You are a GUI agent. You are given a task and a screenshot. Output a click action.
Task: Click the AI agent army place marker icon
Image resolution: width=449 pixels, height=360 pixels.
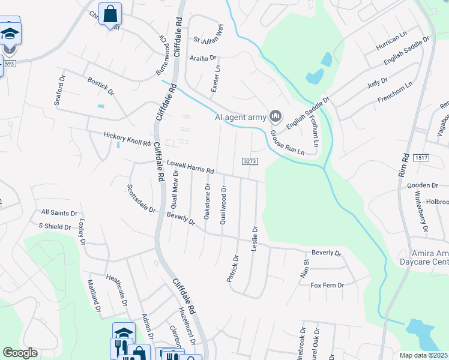pos(276,115)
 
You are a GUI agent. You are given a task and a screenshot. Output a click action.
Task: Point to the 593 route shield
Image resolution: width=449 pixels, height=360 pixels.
pos(8,62)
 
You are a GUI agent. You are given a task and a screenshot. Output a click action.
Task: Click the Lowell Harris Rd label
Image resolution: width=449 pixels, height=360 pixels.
pos(190,167)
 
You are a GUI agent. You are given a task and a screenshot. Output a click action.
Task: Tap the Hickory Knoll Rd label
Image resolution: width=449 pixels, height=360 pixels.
pos(127,139)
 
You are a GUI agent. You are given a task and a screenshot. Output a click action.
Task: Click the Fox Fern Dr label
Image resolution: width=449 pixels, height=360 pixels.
pos(327,285)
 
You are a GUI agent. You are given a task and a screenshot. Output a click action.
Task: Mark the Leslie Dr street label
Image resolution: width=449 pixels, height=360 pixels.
pos(255,238)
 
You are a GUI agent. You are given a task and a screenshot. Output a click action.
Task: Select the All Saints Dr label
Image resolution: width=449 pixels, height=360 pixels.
pos(59,213)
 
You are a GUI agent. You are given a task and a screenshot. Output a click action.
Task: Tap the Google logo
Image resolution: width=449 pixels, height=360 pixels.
pos(20,353)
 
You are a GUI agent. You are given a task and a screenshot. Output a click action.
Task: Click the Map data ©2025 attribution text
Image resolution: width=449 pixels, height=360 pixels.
pos(423,355)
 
